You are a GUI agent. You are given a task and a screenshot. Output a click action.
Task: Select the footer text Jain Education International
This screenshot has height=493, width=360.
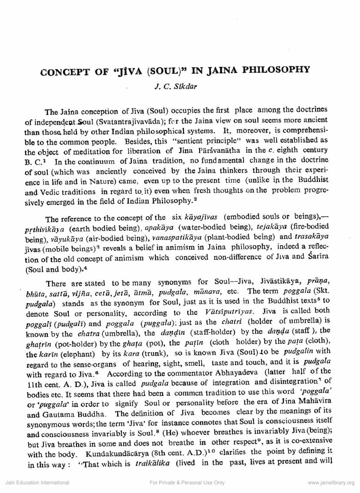point(37,483)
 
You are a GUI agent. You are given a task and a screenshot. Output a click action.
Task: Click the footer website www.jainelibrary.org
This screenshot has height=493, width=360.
point(331,483)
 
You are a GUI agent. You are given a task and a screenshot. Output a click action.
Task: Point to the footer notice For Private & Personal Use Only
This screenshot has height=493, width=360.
point(187,483)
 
